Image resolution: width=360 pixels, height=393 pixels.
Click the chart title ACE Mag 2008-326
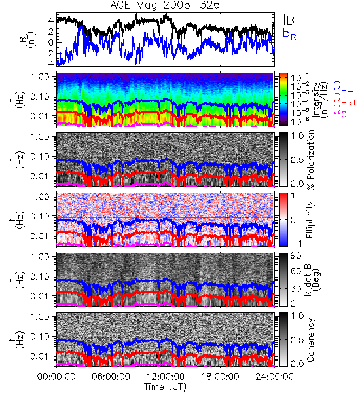tap(165, 5)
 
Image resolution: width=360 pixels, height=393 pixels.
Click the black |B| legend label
tap(291, 20)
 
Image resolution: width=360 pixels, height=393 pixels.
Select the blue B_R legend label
tap(289, 33)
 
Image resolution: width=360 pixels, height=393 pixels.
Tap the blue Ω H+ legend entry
tap(343, 88)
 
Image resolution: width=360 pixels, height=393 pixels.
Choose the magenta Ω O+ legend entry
tap(343, 111)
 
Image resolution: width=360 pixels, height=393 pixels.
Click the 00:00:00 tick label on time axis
tap(56, 377)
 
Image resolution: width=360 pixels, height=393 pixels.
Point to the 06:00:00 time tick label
tap(111, 377)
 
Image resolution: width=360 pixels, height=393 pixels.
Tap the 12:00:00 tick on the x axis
tap(166, 377)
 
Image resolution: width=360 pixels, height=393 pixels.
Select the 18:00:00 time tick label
tap(220, 377)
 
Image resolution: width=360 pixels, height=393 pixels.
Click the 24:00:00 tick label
tap(274, 377)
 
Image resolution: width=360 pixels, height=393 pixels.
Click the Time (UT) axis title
tap(165, 387)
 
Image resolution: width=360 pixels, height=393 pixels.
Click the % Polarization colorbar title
tap(310, 160)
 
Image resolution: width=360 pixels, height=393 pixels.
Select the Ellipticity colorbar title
tap(310, 219)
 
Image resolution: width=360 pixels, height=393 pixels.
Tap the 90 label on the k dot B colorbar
tap(295, 256)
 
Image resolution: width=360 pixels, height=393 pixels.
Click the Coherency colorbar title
tap(310, 340)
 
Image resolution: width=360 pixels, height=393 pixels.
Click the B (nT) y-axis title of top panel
tap(27, 39)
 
